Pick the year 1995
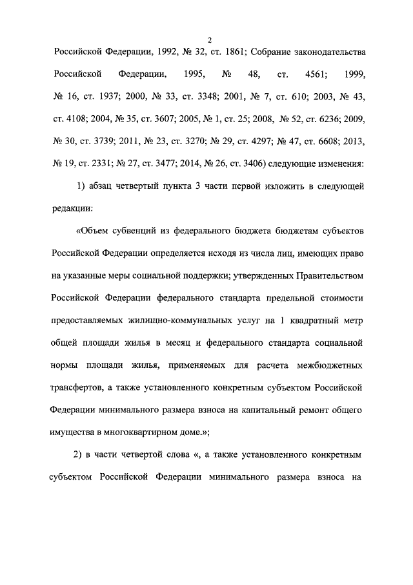click(x=194, y=75)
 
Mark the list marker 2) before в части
click(x=81, y=458)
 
